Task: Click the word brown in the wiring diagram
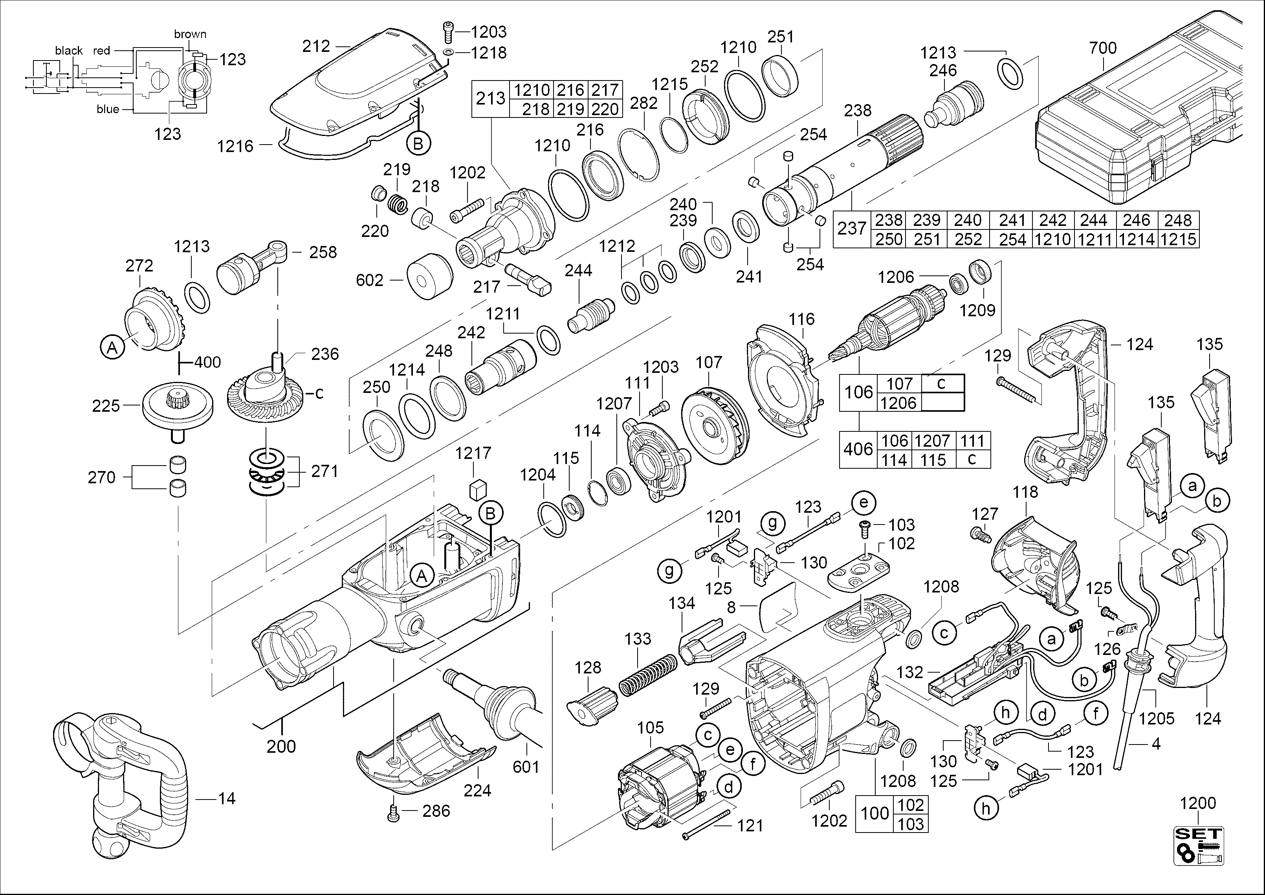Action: point(190,34)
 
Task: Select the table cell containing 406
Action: point(858,450)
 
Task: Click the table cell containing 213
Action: point(490,99)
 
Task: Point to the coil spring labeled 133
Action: point(647,675)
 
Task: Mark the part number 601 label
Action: point(526,766)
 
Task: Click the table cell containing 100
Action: point(874,813)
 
